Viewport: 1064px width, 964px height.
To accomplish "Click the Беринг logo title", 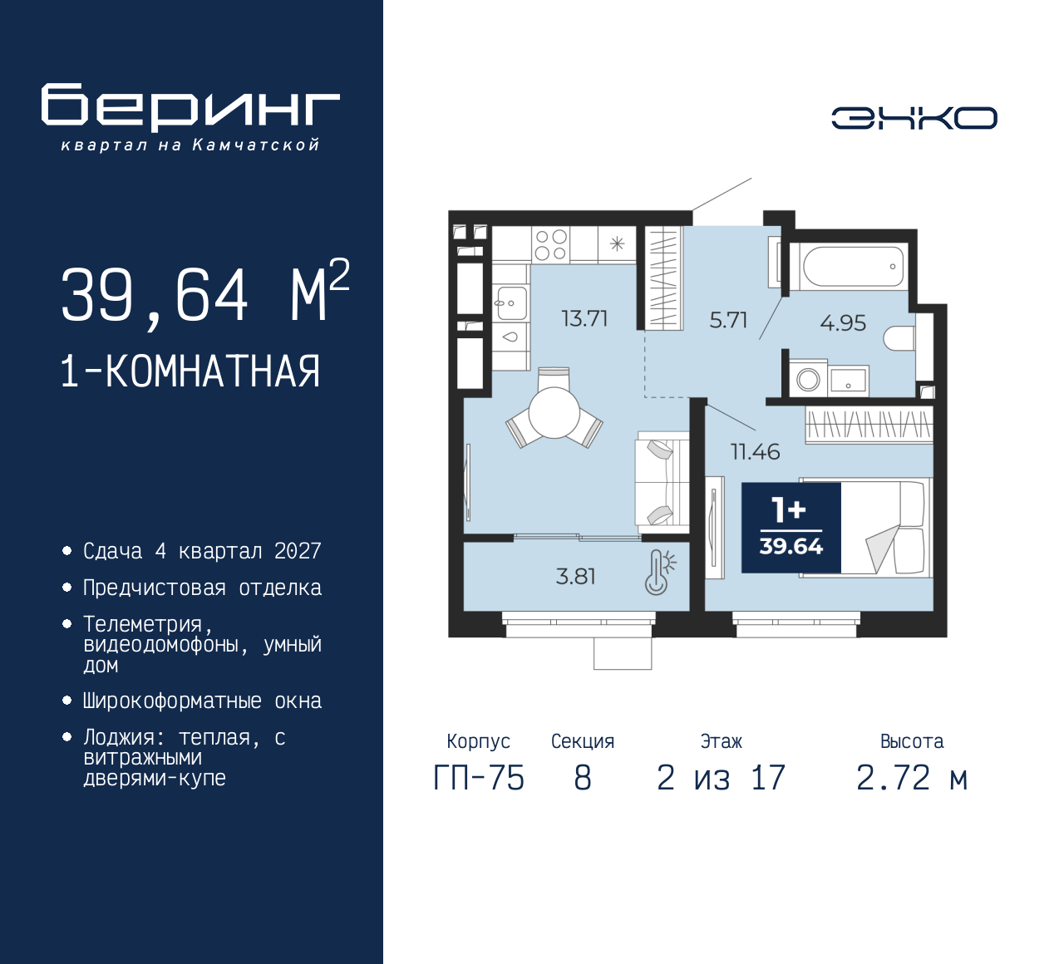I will (190, 107).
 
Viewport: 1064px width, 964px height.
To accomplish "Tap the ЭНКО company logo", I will (914, 118).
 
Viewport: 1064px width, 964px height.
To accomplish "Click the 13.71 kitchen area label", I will (584, 318).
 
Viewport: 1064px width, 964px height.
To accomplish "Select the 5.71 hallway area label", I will (728, 320).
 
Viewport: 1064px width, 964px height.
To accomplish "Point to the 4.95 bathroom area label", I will (843, 322).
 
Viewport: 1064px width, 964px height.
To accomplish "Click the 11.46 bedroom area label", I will (755, 452).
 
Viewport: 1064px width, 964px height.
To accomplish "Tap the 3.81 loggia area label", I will (575, 576).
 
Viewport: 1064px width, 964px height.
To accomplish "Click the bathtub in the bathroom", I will (854, 266).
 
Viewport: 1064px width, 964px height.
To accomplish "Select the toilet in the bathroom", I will (899, 339).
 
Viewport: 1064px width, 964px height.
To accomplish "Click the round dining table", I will (554, 412).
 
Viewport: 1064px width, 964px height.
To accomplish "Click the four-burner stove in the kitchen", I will (550, 245).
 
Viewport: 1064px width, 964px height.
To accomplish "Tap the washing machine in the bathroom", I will (808, 380).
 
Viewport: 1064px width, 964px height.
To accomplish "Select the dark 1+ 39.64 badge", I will (791, 528).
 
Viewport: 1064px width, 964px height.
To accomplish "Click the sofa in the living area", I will (662, 482).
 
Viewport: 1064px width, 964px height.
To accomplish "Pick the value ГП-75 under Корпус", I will (479, 779).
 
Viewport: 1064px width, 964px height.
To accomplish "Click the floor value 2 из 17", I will (721, 779).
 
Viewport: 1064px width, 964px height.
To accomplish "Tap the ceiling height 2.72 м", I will (912, 779).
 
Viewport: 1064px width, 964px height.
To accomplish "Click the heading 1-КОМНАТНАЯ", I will (190, 371).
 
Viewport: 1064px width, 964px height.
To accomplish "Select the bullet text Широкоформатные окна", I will (202, 701).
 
